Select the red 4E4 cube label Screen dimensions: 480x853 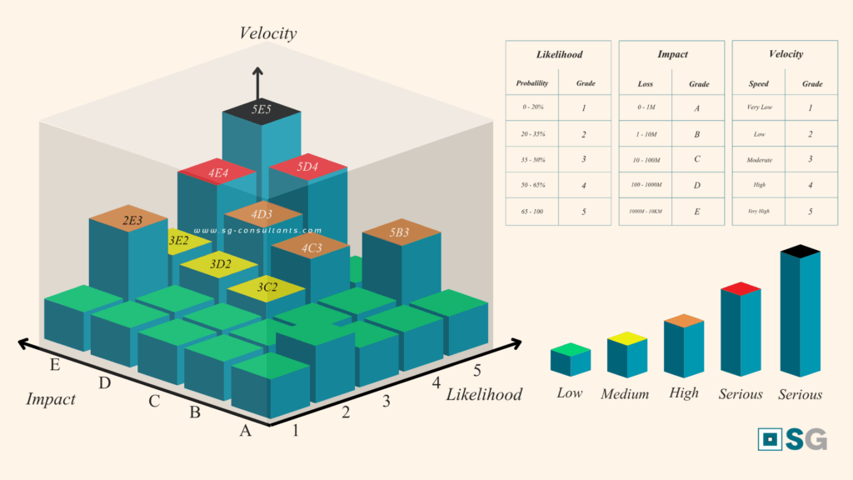pos(218,173)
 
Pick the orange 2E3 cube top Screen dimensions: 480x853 pos(133,221)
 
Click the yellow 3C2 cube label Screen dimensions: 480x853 pos(267,287)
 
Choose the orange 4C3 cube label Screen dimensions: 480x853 pos(311,247)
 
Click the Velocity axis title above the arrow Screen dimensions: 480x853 pos(268,33)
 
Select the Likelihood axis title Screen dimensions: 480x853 pos(484,394)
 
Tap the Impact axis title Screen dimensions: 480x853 pos(50,399)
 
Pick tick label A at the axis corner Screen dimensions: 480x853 pos(245,431)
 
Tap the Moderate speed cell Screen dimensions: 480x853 pos(759,159)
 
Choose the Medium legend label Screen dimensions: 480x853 pos(625,394)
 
